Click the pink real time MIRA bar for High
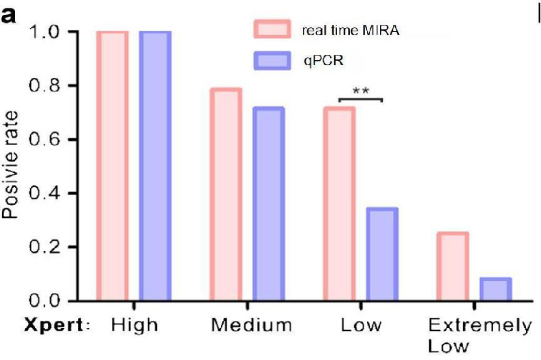point(112,166)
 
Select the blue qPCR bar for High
point(155,166)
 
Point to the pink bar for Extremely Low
point(452,267)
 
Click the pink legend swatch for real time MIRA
point(272,29)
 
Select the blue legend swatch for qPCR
point(272,61)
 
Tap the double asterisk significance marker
point(360,90)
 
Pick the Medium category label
point(252,325)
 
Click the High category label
point(134,325)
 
